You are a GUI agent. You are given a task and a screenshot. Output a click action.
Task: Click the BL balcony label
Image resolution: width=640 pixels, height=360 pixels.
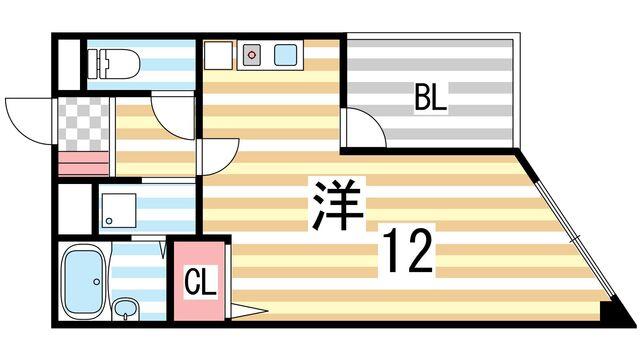431,99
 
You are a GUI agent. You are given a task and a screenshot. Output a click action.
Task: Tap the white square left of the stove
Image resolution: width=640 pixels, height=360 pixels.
218,56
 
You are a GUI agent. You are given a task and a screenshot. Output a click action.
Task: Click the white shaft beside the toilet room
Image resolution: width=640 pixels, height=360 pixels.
67,64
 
